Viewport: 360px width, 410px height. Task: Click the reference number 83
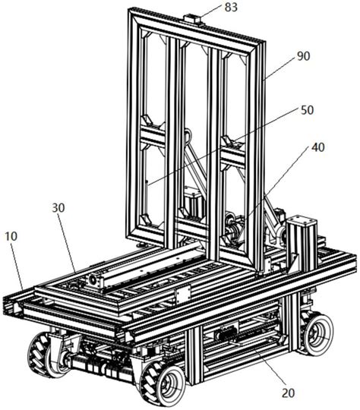click(231, 7)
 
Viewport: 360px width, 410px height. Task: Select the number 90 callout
click(304, 56)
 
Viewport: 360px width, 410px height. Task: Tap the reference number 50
click(307, 110)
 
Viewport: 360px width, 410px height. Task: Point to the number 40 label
click(318, 147)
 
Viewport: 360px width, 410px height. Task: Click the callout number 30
click(58, 208)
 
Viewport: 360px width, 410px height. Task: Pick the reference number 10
click(11, 236)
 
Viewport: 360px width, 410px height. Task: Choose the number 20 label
click(288, 393)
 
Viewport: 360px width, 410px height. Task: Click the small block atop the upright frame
click(192, 20)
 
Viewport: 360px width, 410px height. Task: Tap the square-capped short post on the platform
click(302, 242)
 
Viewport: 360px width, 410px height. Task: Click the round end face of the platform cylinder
click(92, 280)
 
